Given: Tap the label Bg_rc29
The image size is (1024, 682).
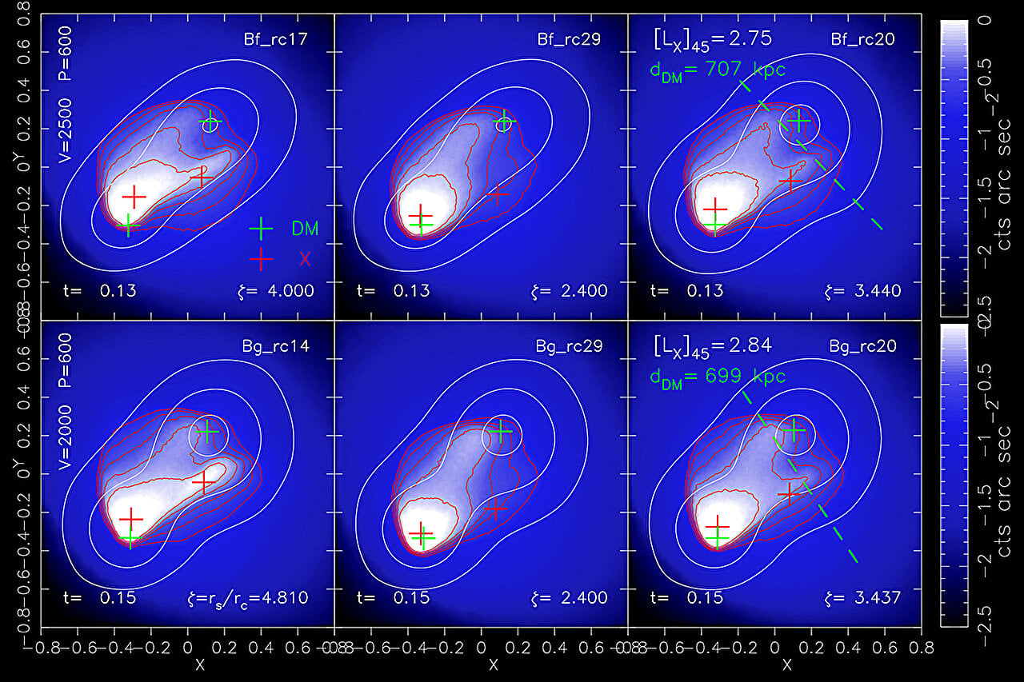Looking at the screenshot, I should pyautogui.click(x=570, y=347).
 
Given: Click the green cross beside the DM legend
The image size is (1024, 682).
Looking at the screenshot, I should pyautogui.click(x=261, y=229).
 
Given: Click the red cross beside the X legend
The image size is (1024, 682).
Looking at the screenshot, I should pyautogui.click(x=261, y=257).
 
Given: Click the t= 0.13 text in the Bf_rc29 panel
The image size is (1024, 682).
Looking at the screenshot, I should pyautogui.click(x=393, y=291).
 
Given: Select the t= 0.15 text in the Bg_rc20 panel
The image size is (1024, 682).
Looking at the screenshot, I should pyautogui.click(x=686, y=597).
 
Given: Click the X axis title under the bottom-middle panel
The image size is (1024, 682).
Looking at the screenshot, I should pyautogui.click(x=493, y=664).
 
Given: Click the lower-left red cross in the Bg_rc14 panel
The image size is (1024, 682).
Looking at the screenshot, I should pyautogui.click(x=130, y=519).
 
